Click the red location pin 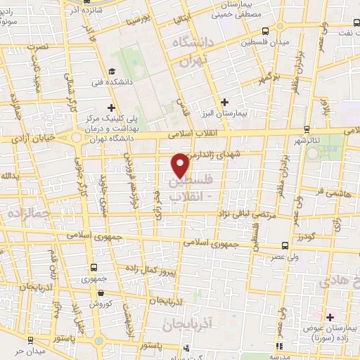pyautogui.click(x=181, y=165)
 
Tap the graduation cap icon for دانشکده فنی pyautogui.click(x=112, y=72)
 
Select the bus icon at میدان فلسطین pyautogui.click(x=265, y=32)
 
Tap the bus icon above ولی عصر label pyautogui.click(x=284, y=245)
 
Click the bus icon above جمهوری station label pyautogui.click(x=94, y=267)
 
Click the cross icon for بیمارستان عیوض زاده pyautogui.click(x=329, y=317)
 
